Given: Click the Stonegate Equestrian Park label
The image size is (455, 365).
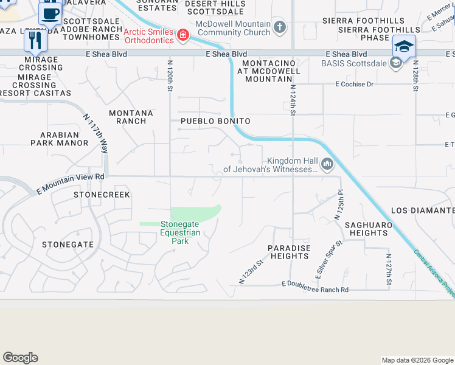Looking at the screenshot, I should [x=179, y=232].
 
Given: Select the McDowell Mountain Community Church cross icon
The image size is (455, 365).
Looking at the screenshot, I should [x=280, y=27].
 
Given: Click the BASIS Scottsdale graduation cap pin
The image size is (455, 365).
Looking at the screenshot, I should [x=404, y=47].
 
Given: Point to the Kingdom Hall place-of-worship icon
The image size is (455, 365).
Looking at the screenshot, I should [x=327, y=163].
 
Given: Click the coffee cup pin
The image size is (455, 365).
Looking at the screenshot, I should [x=51, y=12].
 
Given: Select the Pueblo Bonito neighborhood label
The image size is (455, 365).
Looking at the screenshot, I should [x=216, y=121].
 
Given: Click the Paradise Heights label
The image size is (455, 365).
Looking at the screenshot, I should [x=290, y=252].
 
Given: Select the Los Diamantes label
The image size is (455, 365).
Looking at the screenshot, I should [x=423, y=210].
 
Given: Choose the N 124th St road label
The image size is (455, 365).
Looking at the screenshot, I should [x=293, y=99].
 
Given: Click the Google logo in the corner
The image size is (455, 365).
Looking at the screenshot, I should [x=20, y=358].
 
